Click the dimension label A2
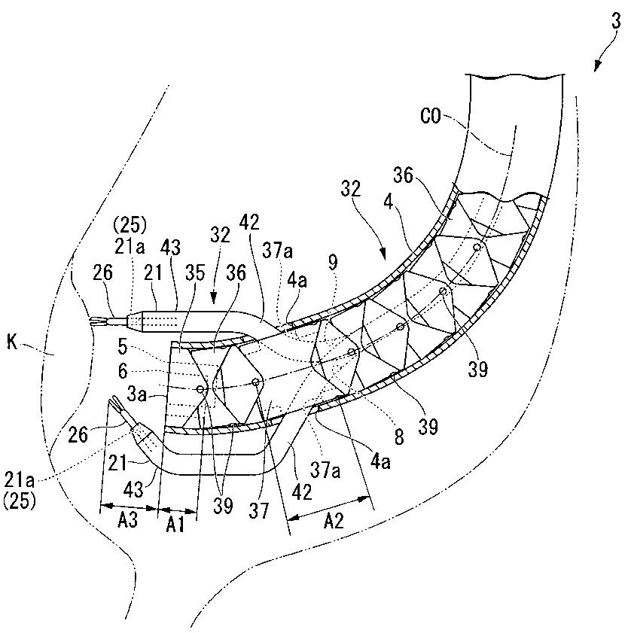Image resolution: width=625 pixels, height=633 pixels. point(331,522)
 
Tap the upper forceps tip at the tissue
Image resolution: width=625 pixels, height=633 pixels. point(96,324)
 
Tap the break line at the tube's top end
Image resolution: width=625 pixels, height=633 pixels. point(515,77)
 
